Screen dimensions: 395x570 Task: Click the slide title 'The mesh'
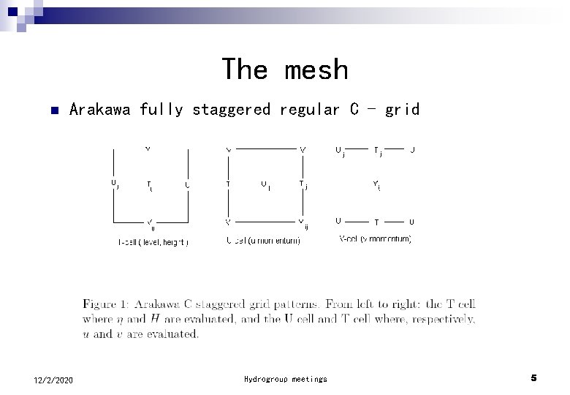coord(285,69)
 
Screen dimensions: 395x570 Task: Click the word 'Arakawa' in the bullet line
coord(100,110)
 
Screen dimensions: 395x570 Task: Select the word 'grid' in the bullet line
coord(401,110)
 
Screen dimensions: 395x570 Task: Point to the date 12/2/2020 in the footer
coord(53,379)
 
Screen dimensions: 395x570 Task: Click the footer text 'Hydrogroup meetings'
coord(286,379)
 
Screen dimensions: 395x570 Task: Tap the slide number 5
coord(533,378)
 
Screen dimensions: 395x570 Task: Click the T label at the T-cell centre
coord(149,185)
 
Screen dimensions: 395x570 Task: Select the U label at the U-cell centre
coord(264,184)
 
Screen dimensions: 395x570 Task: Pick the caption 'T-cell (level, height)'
coord(153,242)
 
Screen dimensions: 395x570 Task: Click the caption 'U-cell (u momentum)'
coord(263,241)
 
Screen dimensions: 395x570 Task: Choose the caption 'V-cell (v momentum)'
coord(375,239)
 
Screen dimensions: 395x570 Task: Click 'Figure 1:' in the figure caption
coord(105,303)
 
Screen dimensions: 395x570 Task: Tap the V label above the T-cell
coord(148,148)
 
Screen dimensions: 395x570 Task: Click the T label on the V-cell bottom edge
coord(376,221)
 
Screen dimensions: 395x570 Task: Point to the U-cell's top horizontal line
coord(265,148)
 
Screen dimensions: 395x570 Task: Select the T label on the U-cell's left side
coord(229,184)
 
